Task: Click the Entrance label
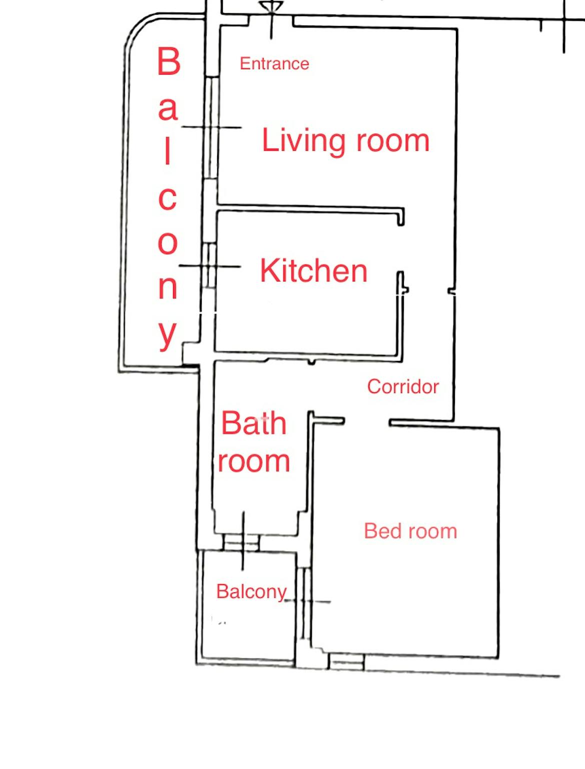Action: point(274,64)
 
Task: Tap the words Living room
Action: point(345,141)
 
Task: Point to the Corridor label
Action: point(403,387)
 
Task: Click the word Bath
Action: point(254,423)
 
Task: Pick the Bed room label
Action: point(411,531)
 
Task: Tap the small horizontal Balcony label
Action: point(252,592)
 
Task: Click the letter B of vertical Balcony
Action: point(169,61)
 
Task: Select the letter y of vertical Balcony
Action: point(167,335)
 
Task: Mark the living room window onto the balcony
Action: point(211,128)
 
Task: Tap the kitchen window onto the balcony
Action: point(210,266)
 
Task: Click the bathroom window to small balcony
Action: point(241,542)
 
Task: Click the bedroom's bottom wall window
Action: point(346,662)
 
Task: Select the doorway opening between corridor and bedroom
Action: point(367,422)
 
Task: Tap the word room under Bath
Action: point(254,462)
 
